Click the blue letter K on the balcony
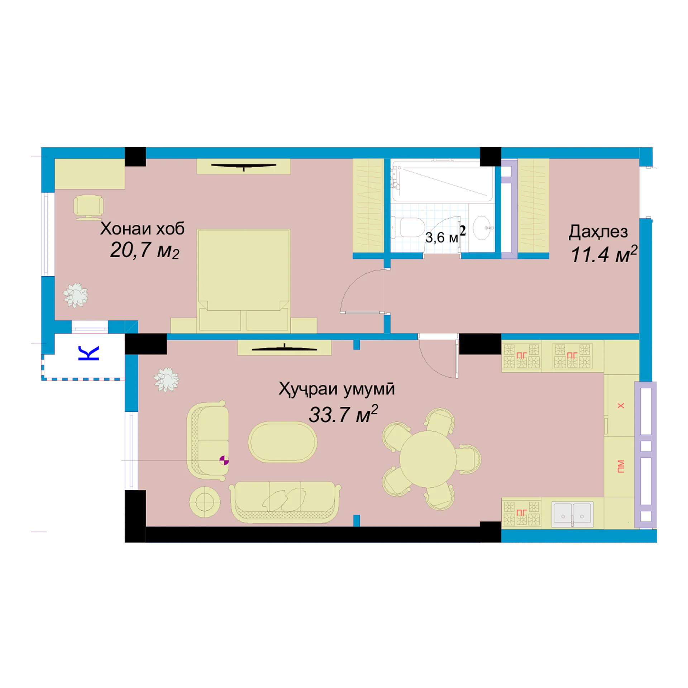[x=89, y=353]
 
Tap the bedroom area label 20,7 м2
[x=144, y=250]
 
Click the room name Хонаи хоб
[x=142, y=228]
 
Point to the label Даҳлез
[x=598, y=232]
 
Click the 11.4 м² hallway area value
[x=604, y=254]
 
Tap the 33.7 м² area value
[x=343, y=414]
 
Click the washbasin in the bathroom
[x=483, y=228]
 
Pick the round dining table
[x=428, y=459]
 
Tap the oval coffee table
[x=283, y=442]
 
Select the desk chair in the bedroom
[x=89, y=207]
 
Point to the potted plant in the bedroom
[x=76, y=295]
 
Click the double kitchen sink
[x=572, y=514]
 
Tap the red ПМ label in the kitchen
[x=621, y=466]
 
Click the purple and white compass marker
[x=224, y=460]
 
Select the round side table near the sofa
[x=205, y=502]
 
